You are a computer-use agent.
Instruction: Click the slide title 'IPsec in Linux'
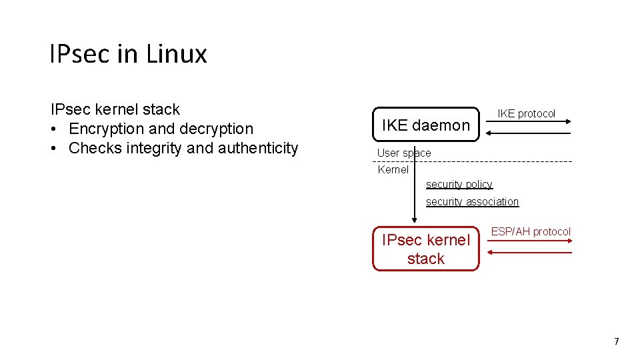[128, 54]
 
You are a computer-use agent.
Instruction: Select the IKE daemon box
[425, 125]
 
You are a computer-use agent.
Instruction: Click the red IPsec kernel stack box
[425, 249]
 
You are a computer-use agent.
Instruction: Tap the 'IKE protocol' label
[526, 113]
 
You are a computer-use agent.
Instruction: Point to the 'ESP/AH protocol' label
[531, 231]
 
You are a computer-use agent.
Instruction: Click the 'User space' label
[404, 153]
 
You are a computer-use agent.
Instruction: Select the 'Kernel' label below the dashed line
[393, 169]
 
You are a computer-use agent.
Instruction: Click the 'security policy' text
[459, 184]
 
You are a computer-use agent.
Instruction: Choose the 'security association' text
[472, 201]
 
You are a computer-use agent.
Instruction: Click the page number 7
[616, 341]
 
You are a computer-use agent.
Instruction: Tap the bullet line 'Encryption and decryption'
[161, 129]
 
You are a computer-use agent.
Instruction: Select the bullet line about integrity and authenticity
[183, 148]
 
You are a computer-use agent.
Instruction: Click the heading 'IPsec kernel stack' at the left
[115, 109]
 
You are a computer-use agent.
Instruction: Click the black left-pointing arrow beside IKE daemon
[527, 133]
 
